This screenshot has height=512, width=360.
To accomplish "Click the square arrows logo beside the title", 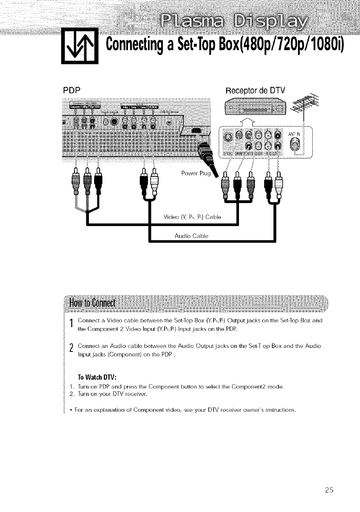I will [79, 46].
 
